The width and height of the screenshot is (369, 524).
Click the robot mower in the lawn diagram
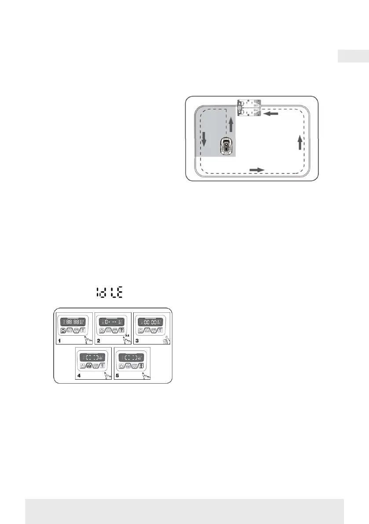point(227,146)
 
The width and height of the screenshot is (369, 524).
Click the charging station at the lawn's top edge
point(249,108)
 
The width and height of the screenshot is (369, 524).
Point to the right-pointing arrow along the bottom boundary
point(257,169)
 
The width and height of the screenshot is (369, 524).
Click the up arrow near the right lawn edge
point(300,143)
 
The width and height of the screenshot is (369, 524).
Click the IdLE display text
point(110,292)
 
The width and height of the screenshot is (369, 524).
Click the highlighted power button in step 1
point(63,330)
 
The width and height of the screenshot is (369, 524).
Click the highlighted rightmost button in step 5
point(141,365)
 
